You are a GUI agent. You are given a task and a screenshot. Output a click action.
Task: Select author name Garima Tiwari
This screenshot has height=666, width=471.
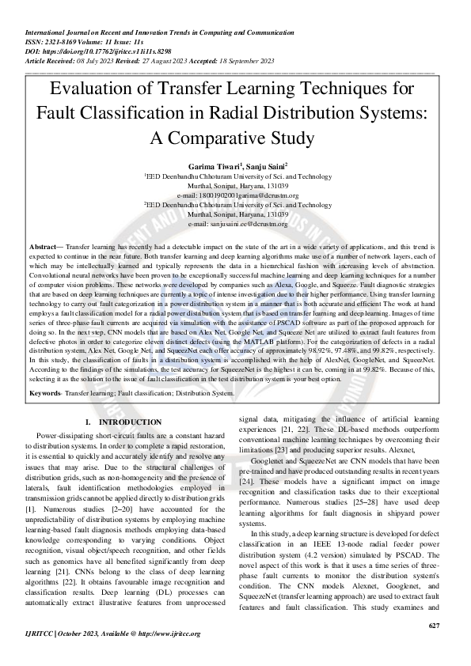point(209,167)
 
